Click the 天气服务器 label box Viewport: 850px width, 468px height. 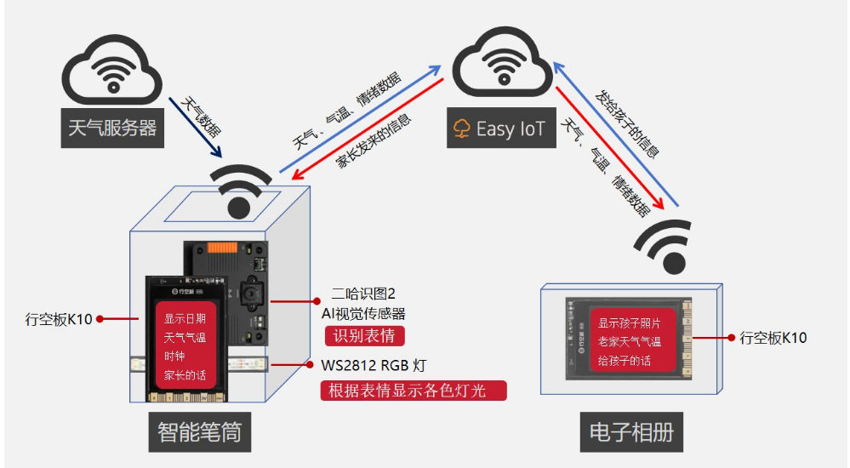pyautogui.click(x=112, y=128)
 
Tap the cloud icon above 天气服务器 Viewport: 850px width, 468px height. pyautogui.click(x=112, y=73)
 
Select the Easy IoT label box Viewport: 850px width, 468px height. pyautogui.click(x=500, y=128)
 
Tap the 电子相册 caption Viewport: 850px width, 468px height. pyautogui.click(x=631, y=431)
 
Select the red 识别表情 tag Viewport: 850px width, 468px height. pyautogui.click(x=364, y=335)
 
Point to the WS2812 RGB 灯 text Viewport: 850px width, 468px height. pyautogui.click(x=374, y=366)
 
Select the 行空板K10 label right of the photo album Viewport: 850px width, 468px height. pyautogui.click(x=773, y=338)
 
